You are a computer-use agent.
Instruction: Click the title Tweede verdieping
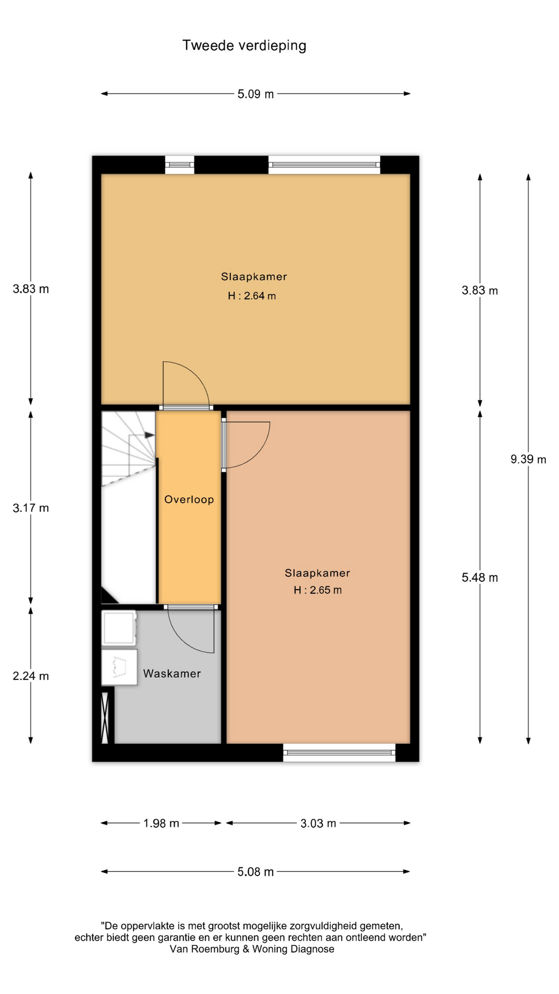[244, 46]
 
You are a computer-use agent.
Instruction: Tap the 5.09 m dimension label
[256, 94]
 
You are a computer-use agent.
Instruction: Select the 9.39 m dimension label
[528, 459]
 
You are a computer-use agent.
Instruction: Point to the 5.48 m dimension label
[480, 578]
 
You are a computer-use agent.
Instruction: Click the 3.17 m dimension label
[31, 508]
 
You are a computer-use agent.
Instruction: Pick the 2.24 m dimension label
[31, 676]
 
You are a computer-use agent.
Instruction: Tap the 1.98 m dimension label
[161, 823]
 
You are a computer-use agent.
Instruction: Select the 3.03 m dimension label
[318, 823]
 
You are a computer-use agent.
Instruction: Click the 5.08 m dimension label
[256, 872]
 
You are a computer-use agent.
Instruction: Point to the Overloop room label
[189, 500]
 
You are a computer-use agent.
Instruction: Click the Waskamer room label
[172, 674]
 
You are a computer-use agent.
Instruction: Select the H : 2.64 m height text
[252, 296]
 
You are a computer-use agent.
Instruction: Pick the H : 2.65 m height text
[318, 590]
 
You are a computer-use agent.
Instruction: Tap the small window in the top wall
[180, 165]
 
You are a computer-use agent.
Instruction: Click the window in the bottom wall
[339, 753]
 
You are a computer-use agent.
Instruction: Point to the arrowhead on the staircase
[150, 435]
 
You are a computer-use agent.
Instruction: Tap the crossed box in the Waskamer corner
[105, 718]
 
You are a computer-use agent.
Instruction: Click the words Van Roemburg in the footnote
[204, 949]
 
